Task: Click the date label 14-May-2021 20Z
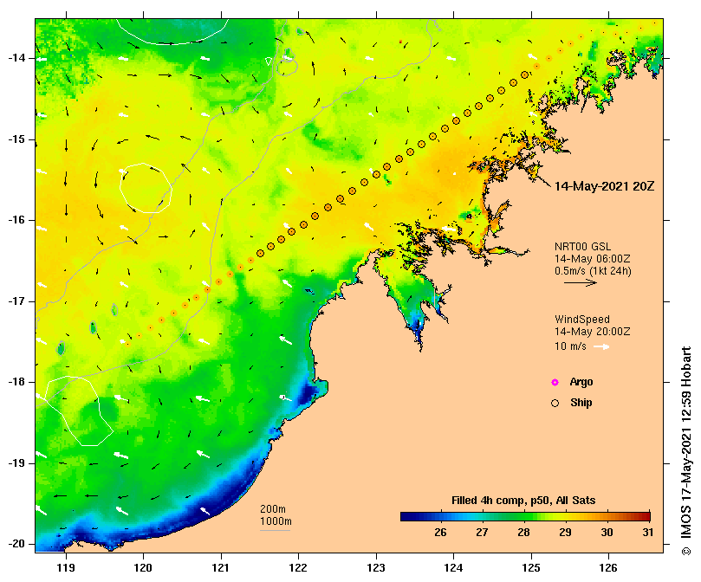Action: (604, 186)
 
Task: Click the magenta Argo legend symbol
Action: (555, 382)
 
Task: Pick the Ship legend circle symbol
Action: (555, 403)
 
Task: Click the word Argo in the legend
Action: (581, 382)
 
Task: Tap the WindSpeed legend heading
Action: (582, 320)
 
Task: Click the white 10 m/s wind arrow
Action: (601, 347)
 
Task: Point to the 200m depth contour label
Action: (273, 508)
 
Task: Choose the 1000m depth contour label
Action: (276, 521)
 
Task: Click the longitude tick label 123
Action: (376, 568)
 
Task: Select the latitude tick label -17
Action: (17, 301)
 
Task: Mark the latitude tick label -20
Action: (17, 544)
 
